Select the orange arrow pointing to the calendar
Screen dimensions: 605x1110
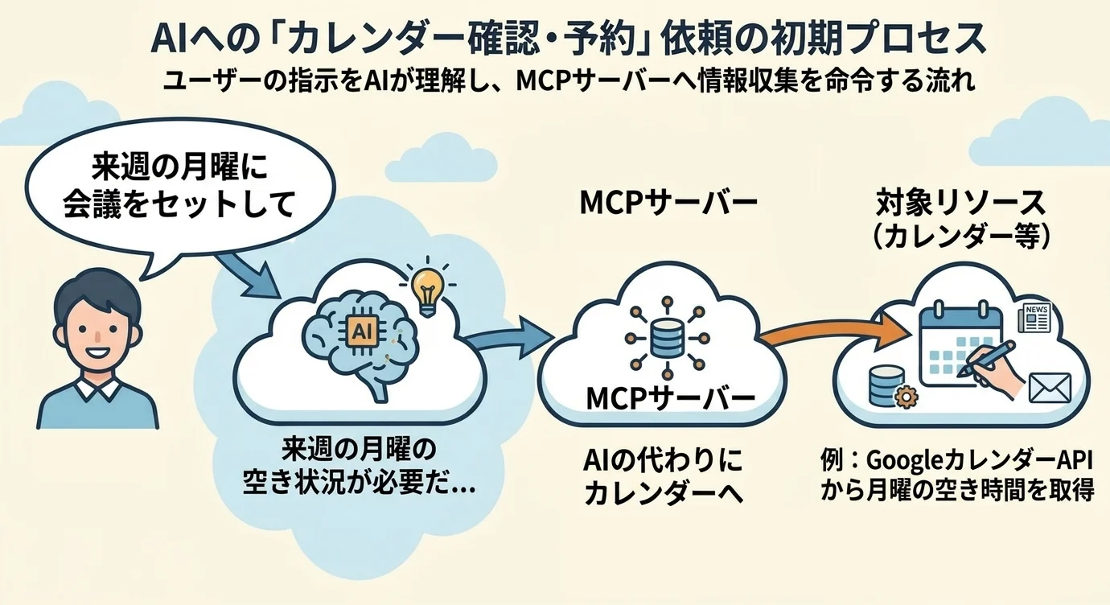click(828, 334)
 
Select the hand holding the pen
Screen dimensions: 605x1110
click(997, 372)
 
